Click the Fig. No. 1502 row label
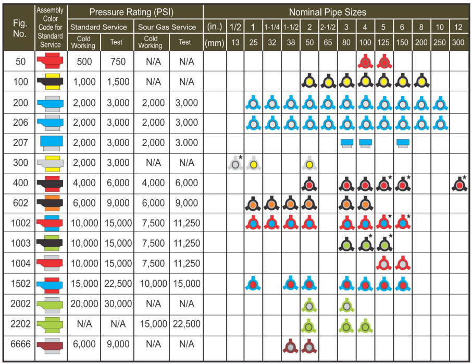[20, 284]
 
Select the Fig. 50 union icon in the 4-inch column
[365, 63]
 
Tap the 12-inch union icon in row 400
[458, 184]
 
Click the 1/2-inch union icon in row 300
[235, 164]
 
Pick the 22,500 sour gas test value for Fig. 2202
[185, 324]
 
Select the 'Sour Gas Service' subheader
[169, 27]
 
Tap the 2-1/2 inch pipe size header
[327, 27]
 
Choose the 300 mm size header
[458, 42]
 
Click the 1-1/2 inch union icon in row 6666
[290, 346]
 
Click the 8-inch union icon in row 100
[421, 81]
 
